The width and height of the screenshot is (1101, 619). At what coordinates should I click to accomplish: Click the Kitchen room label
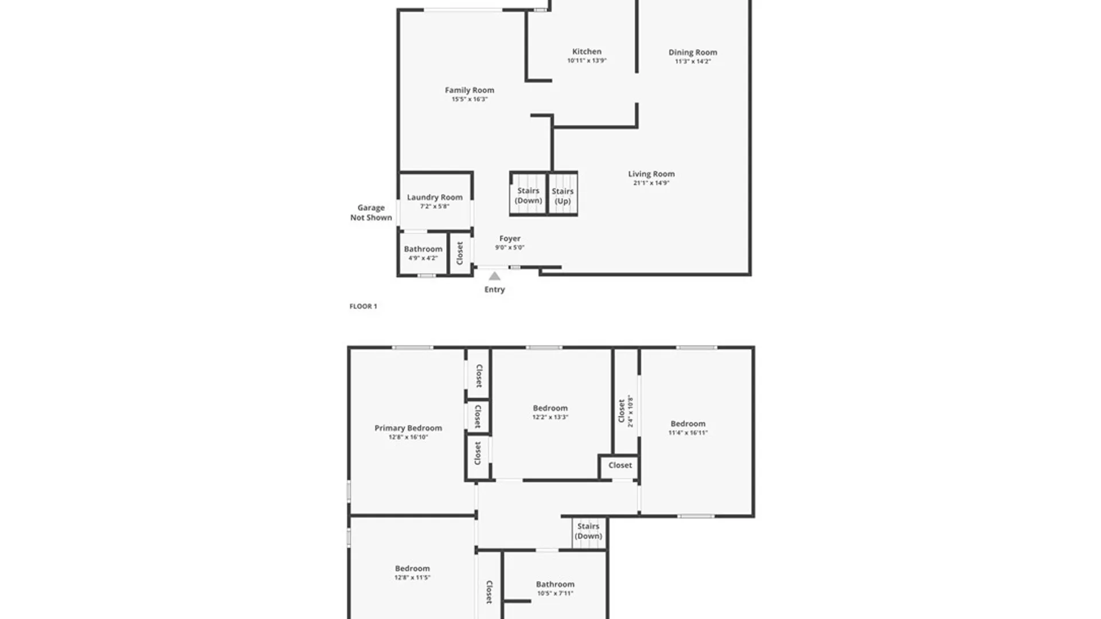click(587, 52)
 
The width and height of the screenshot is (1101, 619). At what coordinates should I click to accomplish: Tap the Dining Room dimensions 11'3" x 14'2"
click(693, 61)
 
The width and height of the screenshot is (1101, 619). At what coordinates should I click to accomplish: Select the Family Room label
click(469, 90)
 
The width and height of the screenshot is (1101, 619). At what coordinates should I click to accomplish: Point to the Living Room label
click(651, 174)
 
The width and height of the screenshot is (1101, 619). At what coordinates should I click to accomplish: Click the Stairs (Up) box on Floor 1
click(563, 195)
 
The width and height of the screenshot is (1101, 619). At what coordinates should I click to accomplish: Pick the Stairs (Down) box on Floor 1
click(528, 195)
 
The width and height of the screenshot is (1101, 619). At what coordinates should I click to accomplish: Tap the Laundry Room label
click(434, 197)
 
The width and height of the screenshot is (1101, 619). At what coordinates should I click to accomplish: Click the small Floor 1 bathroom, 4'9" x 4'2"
click(423, 253)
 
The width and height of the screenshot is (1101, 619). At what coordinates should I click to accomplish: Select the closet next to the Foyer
click(459, 253)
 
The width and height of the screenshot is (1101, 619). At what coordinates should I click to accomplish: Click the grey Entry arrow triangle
click(494, 276)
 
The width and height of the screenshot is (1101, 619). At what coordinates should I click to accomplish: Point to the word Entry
click(494, 289)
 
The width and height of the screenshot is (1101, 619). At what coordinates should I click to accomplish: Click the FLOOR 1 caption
click(363, 306)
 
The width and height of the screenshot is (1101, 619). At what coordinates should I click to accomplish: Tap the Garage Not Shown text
click(371, 213)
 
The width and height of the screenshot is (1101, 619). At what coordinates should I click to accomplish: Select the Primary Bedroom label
click(408, 428)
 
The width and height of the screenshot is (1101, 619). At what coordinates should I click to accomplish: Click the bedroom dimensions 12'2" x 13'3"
click(550, 417)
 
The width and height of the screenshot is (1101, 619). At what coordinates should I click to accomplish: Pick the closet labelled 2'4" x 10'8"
click(626, 410)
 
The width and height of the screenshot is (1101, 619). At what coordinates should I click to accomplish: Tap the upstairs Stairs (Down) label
click(588, 531)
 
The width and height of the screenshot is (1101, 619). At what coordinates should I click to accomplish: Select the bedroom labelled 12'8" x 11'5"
click(412, 573)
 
